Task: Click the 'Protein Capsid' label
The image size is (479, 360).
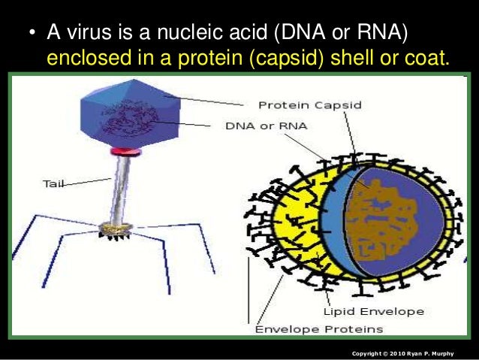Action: (x=309, y=105)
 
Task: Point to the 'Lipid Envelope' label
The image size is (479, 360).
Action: (x=373, y=311)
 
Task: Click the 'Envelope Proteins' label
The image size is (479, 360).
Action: (x=320, y=329)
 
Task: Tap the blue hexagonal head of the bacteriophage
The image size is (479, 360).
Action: (x=128, y=111)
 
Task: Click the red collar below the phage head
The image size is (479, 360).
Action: (x=121, y=153)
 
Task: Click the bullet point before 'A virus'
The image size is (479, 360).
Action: (x=31, y=35)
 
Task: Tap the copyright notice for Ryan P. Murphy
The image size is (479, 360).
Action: (x=408, y=353)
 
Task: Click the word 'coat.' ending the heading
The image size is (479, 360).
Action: (x=425, y=58)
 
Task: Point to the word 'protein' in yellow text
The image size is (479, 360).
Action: (x=212, y=58)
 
